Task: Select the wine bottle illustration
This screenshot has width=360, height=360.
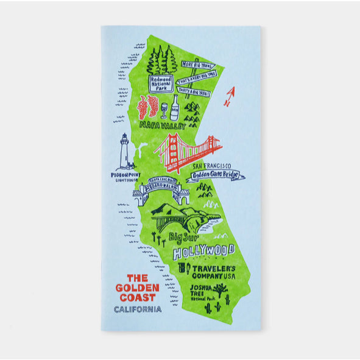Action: (175, 108)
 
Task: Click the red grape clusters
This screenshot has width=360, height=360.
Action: (147, 107)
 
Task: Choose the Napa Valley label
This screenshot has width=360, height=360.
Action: (161, 125)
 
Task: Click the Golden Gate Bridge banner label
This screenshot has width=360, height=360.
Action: (216, 176)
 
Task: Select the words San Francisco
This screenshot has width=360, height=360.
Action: (212, 165)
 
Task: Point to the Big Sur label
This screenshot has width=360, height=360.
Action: (183, 235)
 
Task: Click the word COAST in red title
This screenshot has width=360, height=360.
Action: (137, 297)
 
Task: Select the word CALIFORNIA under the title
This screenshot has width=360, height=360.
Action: (138, 309)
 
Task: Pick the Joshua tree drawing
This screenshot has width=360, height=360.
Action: (217, 288)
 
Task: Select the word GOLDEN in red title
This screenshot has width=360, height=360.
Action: (137, 287)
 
